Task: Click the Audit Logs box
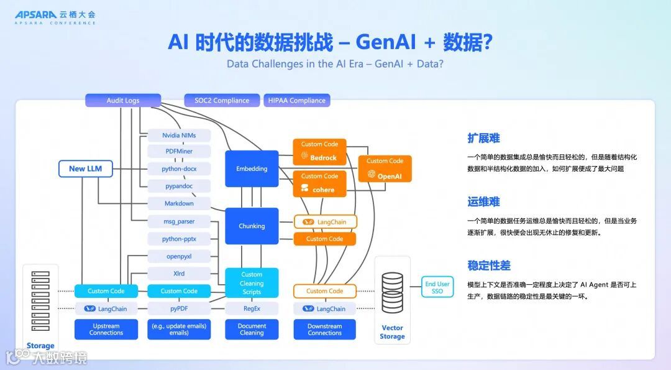pyautogui.click(x=123, y=100)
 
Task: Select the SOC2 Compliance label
pyautogui.click(x=222, y=100)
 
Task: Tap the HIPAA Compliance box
pyautogui.click(x=297, y=100)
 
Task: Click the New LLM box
pyautogui.click(x=86, y=169)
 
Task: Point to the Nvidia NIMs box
pyautogui.click(x=179, y=135)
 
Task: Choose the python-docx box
pyautogui.click(x=179, y=169)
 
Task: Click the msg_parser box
pyautogui.click(x=179, y=221)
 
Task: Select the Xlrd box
pyautogui.click(x=179, y=274)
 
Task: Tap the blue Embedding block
pyautogui.click(x=252, y=169)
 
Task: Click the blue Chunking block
pyautogui.click(x=252, y=226)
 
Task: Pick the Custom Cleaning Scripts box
pyautogui.click(x=252, y=282)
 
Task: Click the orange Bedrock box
pyautogui.click(x=319, y=151)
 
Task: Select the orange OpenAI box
pyautogui.click(x=385, y=169)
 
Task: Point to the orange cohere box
pyautogui.click(x=319, y=183)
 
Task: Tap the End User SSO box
pyautogui.click(x=437, y=287)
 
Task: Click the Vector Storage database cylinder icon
pyautogui.click(x=392, y=292)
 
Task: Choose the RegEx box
pyautogui.click(x=252, y=308)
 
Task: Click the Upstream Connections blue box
pyautogui.click(x=106, y=330)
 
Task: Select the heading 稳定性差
pyautogui.click(x=489, y=266)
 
